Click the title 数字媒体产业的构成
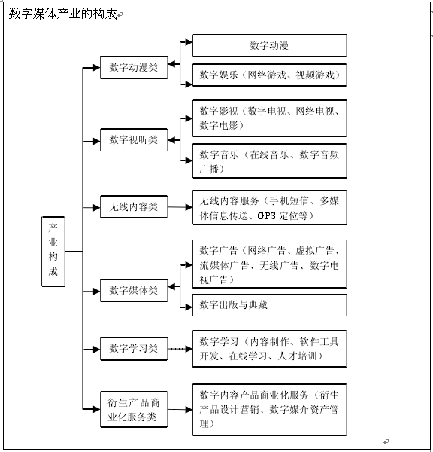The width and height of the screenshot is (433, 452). coord(62,14)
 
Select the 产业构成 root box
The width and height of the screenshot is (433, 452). coord(53,252)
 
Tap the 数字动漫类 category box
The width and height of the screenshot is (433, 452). coord(134,68)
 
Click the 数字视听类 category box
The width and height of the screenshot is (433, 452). coord(134,140)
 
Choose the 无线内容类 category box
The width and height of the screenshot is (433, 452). coord(134,206)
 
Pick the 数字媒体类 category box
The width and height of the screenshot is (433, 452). coord(134,290)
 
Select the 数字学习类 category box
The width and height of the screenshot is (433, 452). coord(134,349)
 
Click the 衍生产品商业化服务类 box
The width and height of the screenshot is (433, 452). coord(134,409)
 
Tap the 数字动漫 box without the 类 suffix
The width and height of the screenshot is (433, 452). coord(270,45)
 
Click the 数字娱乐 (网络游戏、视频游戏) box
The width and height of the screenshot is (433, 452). coord(270,75)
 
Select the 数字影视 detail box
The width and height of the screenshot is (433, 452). coord(270,118)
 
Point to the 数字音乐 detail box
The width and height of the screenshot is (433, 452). coord(270,161)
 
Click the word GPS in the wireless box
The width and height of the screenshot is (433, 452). coord(266,215)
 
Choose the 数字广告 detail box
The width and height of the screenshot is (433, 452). coord(270,264)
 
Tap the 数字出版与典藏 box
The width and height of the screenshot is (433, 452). coord(270,305)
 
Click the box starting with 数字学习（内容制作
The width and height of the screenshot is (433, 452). coord(270,349)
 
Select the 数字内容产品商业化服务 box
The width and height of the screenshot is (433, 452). coord(270,409)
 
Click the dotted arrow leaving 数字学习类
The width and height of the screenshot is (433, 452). coord(180,349)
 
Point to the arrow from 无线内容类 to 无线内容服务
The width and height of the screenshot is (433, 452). coord(180,207)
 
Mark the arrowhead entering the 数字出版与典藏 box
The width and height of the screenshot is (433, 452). coord(189,307)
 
